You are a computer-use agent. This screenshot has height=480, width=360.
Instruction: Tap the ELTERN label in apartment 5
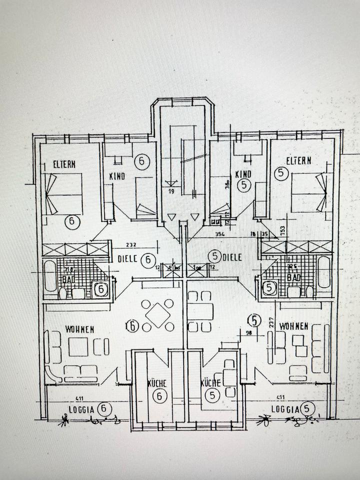298,160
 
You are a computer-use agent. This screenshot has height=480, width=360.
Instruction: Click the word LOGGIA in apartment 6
80,409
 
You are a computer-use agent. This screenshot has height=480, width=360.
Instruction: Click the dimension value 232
131,245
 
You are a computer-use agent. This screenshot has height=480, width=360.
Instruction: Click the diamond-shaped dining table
158,315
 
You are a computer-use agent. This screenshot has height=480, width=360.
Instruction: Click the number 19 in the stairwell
172,191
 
